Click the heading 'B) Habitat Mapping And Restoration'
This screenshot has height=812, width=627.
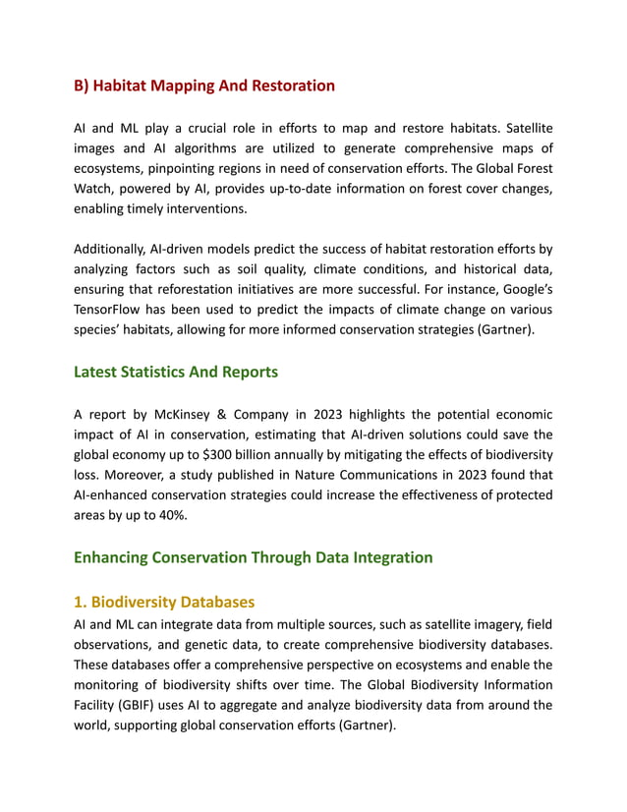[x=204, y=86]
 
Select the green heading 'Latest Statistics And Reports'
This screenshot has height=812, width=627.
[x=176, y=372]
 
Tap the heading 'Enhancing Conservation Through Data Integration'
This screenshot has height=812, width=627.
[x=253, y=557]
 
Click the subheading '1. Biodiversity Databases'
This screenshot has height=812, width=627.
[x=164, y=602]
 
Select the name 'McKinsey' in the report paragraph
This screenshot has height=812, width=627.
[x=189, y=414]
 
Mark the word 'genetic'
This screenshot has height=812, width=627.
[x=228, y=644]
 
